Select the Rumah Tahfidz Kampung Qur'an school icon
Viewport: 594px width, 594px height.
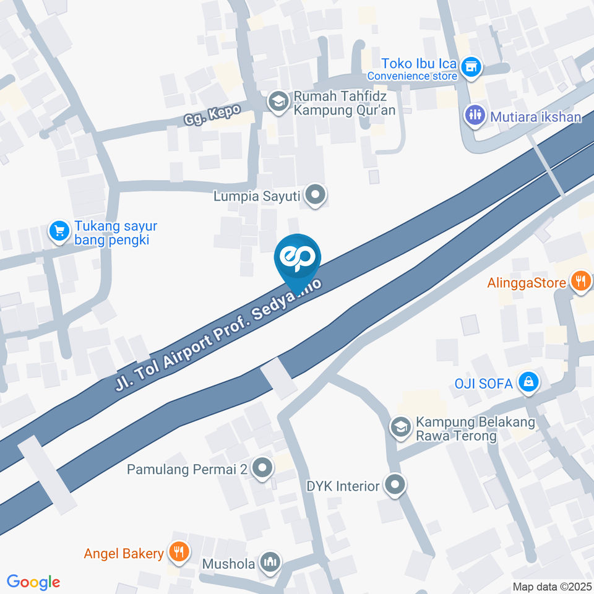278,101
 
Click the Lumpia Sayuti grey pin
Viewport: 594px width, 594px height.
316,196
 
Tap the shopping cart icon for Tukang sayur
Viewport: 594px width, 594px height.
59,231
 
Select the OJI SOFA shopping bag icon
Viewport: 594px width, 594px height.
528,383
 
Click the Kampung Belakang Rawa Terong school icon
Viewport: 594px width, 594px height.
400,428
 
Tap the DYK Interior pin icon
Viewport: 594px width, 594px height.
394,486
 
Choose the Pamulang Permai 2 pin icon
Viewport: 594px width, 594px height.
262,469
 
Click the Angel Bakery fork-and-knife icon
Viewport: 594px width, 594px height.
179,553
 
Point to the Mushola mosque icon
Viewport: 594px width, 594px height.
270,562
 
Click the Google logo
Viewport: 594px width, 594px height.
33,582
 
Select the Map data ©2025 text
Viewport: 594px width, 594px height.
553,587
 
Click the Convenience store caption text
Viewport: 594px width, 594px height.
412,76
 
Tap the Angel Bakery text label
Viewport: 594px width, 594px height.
124,553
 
